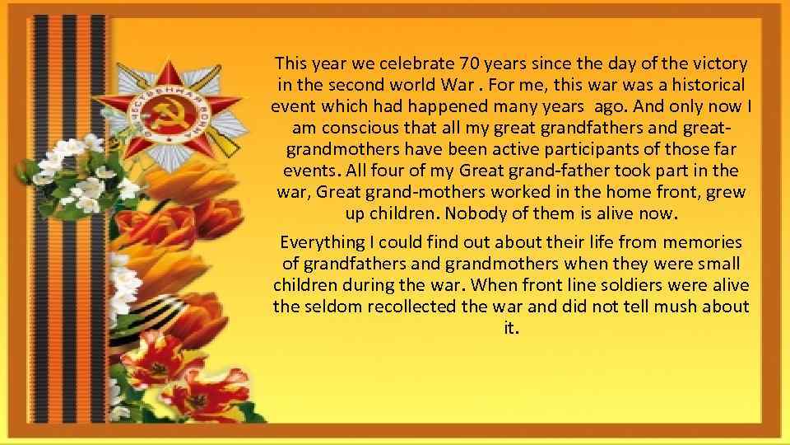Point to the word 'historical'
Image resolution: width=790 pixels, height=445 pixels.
[708, 85]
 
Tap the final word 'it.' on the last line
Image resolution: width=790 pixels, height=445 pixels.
[510, 329]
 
